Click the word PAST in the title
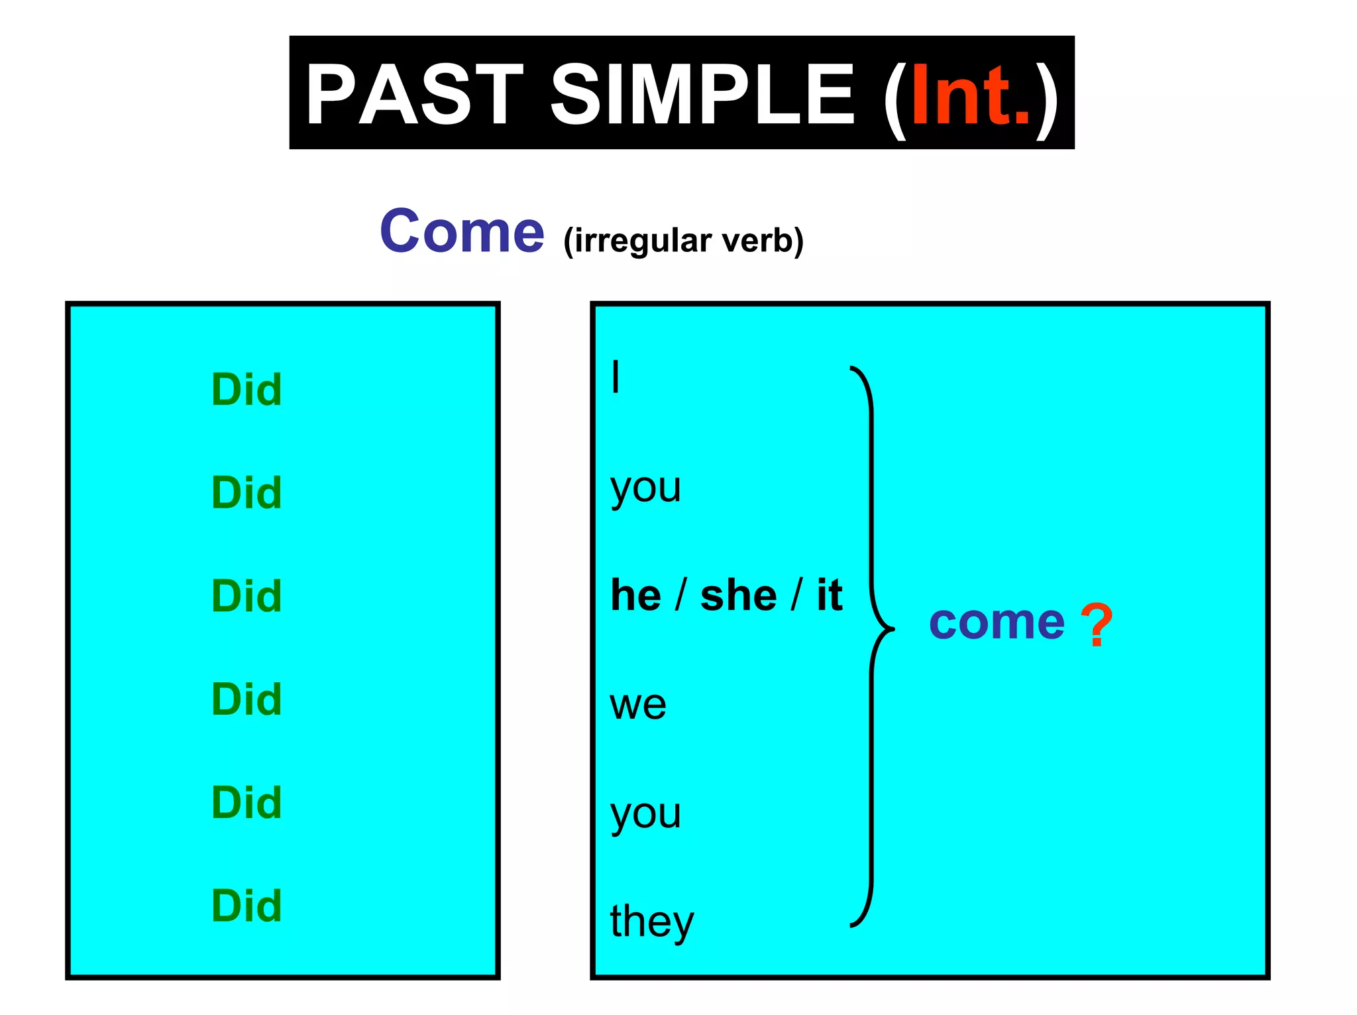(x=414, y=94)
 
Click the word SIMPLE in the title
(x=702, y=94)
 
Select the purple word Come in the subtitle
(x=462, y=231)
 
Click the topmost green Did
(x=246, y=389)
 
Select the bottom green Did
(x=246, y=906)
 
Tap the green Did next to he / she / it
(x=246, y=596)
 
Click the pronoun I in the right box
(x=616, y=377)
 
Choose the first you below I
(x=645, y=489)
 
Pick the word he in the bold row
(x=635, y=595)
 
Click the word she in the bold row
(x=738, y=595)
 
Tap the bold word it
(x=829, y=595)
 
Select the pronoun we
(x=638, y=704)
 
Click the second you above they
(x=645, y=814)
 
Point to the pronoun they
(x=651, y=922)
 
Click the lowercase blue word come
(x=997, y=623)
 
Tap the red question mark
(x=1097, y=625)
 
